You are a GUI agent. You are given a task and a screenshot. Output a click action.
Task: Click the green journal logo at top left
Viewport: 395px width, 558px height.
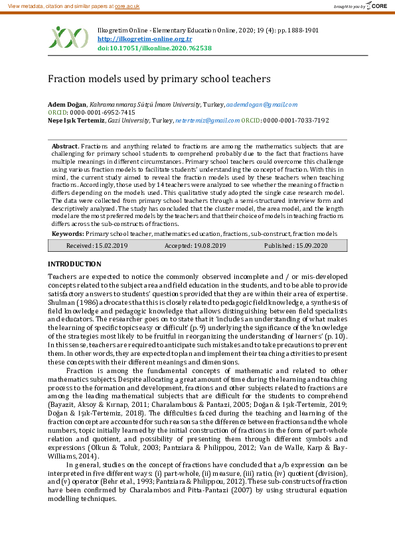click(66, 37)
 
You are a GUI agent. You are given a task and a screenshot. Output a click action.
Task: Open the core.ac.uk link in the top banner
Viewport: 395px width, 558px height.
click(127, 5)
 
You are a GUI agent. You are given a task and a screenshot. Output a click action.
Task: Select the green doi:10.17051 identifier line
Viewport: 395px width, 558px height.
click(154, 48)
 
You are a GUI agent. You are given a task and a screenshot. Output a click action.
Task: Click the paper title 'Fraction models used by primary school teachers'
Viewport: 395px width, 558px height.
click(159, 78)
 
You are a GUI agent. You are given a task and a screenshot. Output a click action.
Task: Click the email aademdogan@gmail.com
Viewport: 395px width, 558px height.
click(262, 105)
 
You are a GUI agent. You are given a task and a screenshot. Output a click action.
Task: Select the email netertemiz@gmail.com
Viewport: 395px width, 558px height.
click(207, 121)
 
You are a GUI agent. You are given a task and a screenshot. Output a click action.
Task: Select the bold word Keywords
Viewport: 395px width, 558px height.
click(67, 234)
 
